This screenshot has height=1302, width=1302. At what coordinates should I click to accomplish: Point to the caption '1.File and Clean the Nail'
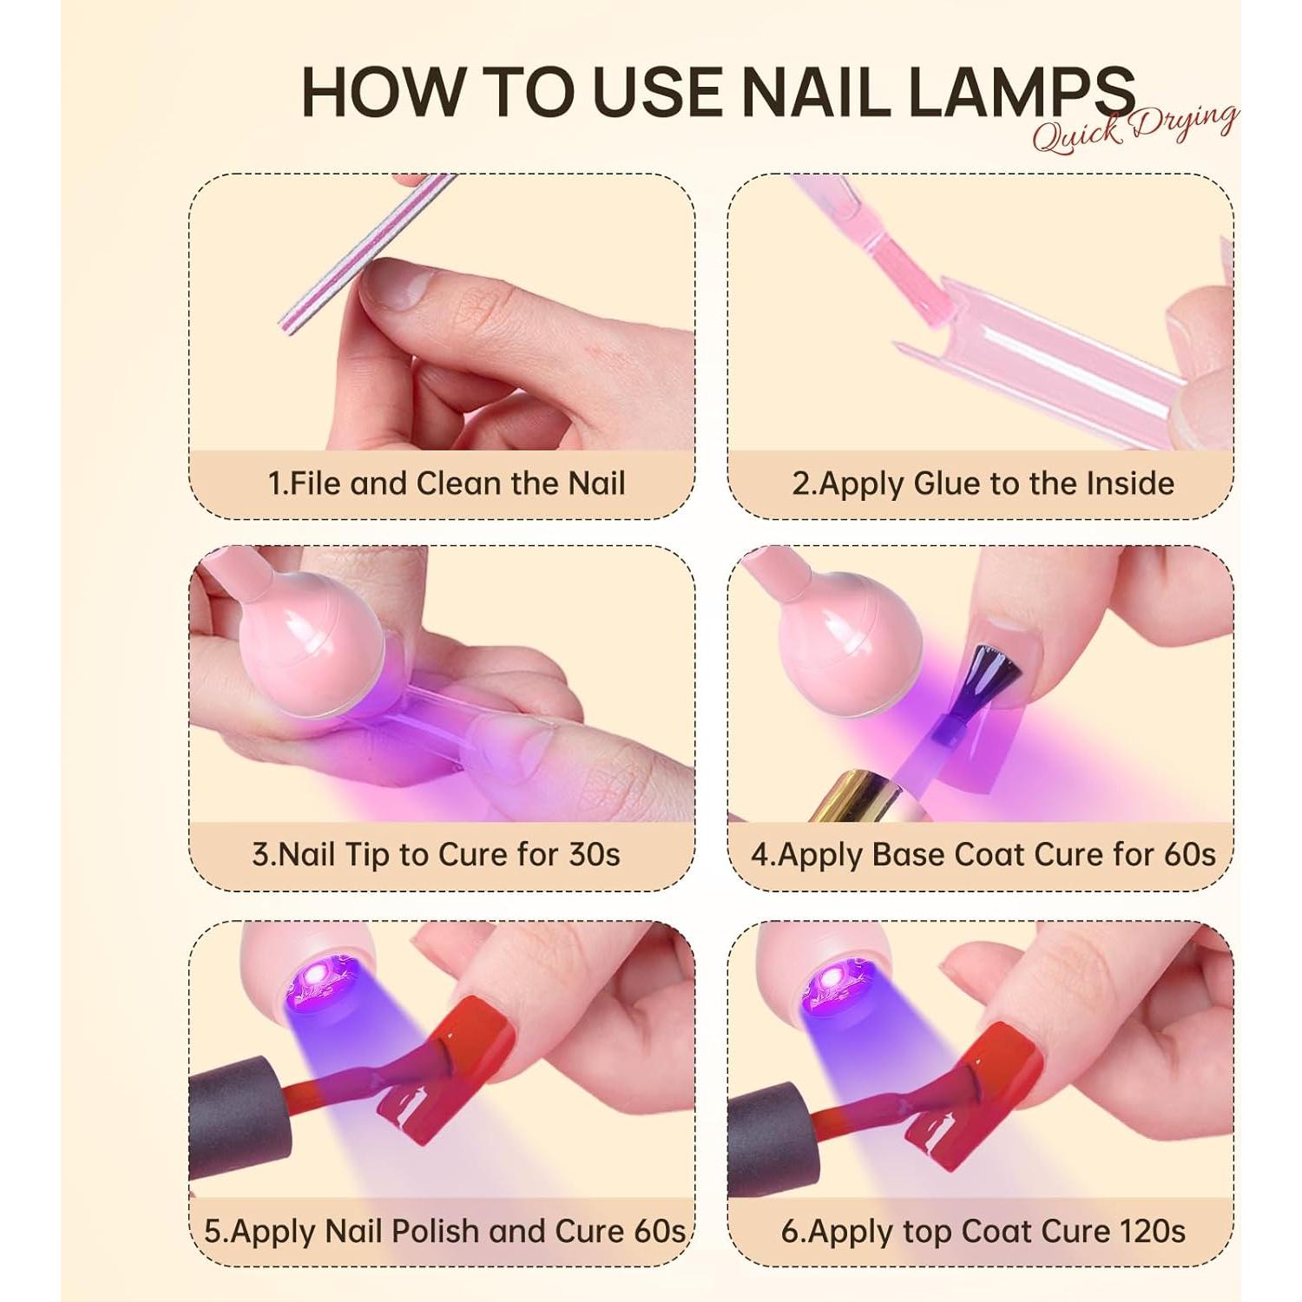click(x=446, y=483)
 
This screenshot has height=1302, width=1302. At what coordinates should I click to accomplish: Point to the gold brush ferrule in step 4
click(x=855, y=799)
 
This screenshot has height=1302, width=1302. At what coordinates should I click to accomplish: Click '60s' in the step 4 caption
click(x=1189, y=855)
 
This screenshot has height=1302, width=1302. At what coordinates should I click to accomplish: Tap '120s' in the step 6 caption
click(x=1146, y=1231)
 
